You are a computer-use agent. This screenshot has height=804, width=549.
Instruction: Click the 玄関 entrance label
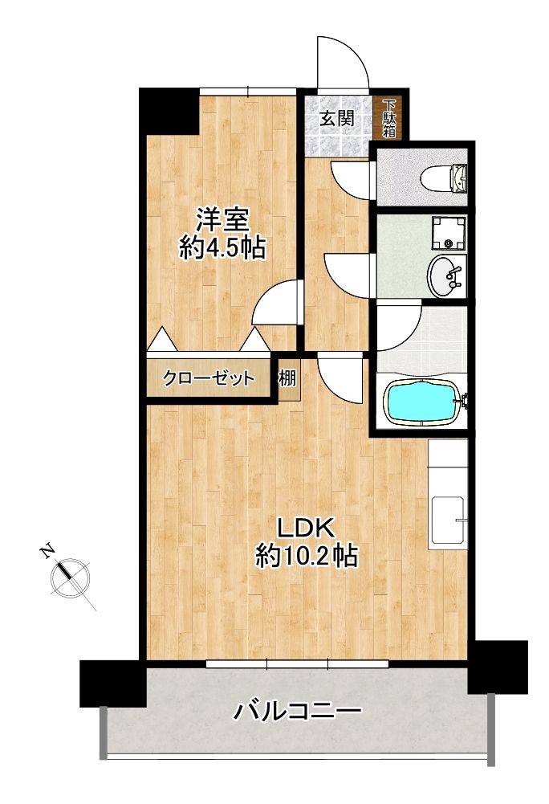point(337,120)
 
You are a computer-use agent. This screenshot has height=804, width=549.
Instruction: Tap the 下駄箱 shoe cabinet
point(389,118)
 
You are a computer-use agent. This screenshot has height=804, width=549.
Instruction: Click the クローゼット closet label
point(208,378)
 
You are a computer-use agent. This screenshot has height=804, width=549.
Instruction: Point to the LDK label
point(306,527)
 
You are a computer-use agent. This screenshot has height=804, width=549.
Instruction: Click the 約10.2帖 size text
point(307,555)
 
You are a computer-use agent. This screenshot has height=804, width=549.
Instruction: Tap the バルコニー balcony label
point(298,711)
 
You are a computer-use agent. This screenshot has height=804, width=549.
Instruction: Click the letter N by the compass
point(47,552)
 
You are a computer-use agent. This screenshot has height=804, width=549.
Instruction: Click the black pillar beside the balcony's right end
point(498,667)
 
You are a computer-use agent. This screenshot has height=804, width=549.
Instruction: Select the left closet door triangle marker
point(162,339)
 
